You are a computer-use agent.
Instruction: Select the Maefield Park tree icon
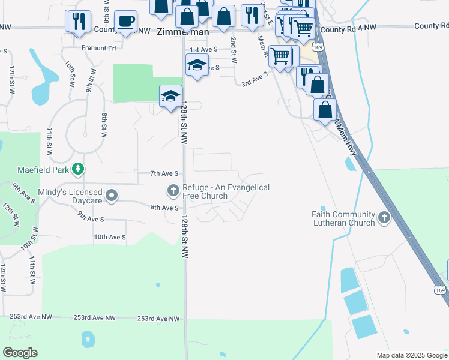point(77,170)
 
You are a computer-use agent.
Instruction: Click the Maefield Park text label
point(44,169)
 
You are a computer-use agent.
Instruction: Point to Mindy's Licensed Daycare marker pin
point(112,195)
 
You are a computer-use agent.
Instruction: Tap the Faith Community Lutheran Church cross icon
point(384,216)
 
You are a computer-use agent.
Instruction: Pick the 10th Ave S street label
point(110,238)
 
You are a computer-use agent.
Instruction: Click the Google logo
point(20,353)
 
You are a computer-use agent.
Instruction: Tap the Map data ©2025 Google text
point(411,355)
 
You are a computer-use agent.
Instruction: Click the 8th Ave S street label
point(165,208)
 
